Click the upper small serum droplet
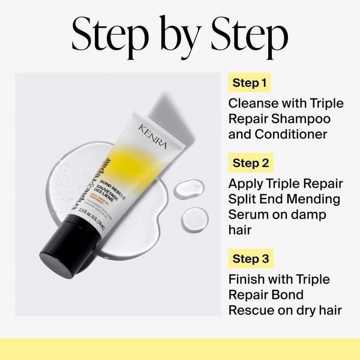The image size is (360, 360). pyautogui.click(x=186, y=189)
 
